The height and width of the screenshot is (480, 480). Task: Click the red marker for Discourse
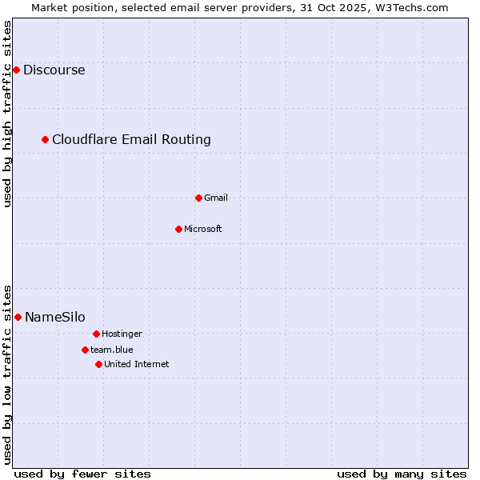16,70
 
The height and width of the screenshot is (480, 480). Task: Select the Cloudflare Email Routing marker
46,140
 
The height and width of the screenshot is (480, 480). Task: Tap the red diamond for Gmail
199,198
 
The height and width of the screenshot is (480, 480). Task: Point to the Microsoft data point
179,229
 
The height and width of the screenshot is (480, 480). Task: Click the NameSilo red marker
18,318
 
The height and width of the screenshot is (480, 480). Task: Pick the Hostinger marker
96,334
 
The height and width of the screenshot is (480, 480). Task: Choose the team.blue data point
85,350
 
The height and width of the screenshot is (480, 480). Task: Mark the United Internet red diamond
98,364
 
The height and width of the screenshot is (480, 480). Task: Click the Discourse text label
54,70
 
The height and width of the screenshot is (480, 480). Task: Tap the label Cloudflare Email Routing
131,140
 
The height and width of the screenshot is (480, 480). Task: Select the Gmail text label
216,198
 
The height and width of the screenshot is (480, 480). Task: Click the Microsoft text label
203,229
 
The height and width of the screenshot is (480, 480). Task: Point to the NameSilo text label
55,318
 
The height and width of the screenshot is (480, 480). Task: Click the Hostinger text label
122,334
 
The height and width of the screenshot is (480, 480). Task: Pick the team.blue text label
112,350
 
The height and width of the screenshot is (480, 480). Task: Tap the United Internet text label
137,364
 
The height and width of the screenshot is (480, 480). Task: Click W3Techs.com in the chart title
409,7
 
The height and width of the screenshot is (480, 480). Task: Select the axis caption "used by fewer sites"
82,474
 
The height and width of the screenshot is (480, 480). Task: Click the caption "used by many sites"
402,474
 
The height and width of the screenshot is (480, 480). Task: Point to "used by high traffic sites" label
7,114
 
